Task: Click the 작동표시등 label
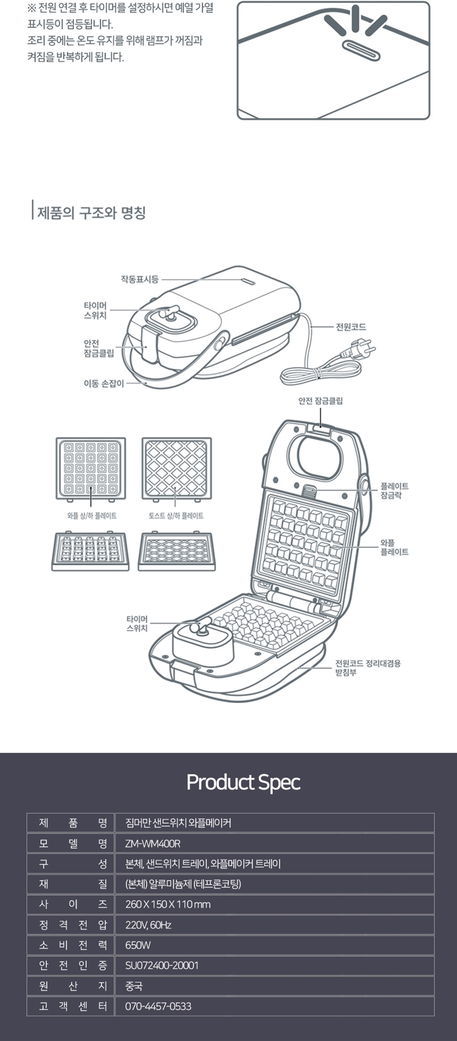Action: [x=140, y=279]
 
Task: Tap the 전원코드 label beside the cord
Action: [x=351, y=327]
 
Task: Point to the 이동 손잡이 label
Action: [x=104, y=383]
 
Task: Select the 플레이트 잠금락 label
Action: [x=394, y=491]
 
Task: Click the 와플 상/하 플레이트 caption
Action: [x=91, y=516]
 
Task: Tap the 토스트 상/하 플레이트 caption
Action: [x=176, y=516]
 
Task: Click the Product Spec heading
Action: [x=243, y=783]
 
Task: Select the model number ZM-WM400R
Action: [x=153, y=844]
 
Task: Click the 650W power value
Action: [x=138, y=946]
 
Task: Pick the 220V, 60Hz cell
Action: [x=148, y=925]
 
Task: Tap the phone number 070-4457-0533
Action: [x=158, y=1007]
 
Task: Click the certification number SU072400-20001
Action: [x=162, y=966]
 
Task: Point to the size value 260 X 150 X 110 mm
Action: [x=168, y=905]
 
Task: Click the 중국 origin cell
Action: [x=134, y=986]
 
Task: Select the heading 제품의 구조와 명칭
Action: [x=91, y=213]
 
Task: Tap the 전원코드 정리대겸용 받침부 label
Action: [x=368, y=668]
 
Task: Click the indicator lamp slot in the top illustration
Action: [x=361, y=50]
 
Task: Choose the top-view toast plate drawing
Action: [x=177, y=469]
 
